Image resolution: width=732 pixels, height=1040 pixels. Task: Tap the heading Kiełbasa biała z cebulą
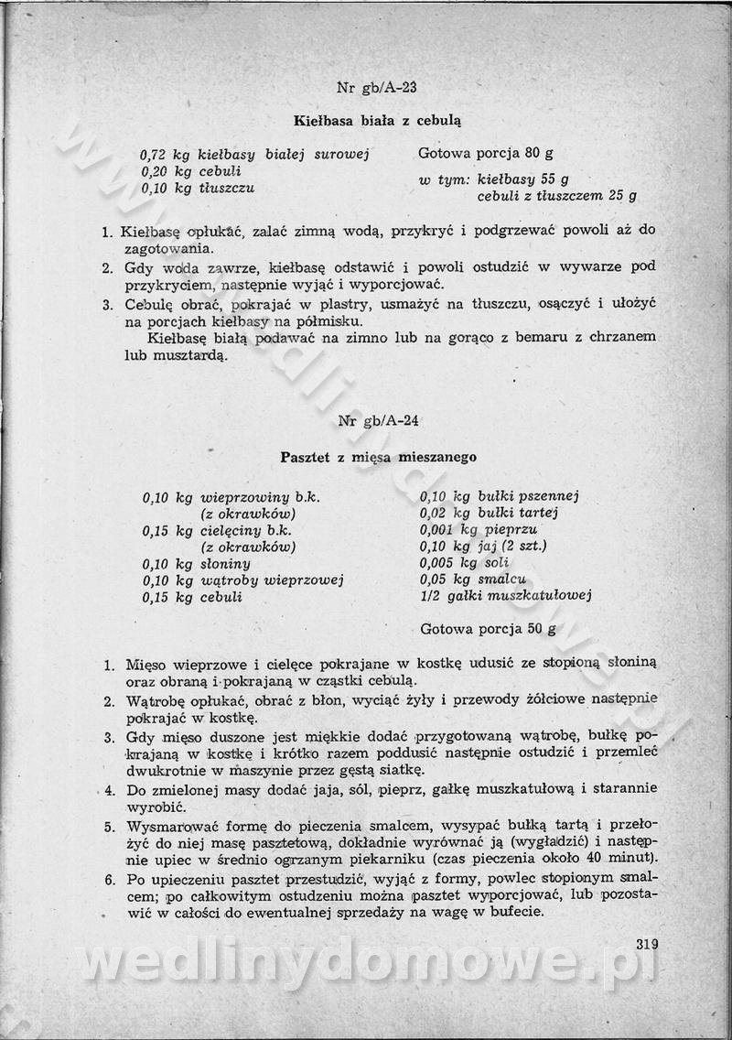click(377, 120)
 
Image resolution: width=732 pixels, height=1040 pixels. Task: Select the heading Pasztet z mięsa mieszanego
click(378, 456)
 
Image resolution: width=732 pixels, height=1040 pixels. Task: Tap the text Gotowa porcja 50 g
click(488, 629)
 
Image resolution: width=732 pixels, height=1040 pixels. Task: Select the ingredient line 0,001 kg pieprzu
click(478, 530)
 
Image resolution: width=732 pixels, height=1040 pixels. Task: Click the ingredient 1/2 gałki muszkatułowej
click(505, 596)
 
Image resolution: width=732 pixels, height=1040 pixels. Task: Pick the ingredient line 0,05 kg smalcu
click(472, 580)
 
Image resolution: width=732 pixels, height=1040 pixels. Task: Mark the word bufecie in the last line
click(516, 912)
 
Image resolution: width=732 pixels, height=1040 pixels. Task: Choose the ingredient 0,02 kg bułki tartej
click(489, 514)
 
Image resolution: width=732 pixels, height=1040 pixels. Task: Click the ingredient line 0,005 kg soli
click(464, 563)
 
